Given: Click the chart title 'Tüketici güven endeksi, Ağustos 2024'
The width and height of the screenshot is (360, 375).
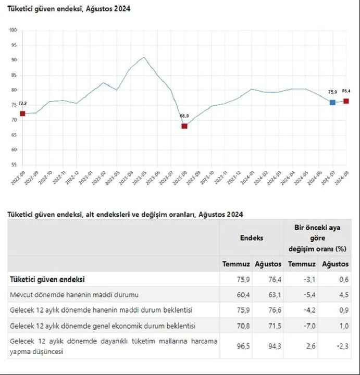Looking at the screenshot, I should tap(69, 9).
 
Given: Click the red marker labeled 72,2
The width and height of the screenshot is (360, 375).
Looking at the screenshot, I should tap(22, 114).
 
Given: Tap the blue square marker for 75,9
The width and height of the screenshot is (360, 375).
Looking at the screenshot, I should tap(332, 103).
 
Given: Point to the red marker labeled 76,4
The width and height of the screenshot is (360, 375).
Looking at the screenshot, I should tap(346, 101).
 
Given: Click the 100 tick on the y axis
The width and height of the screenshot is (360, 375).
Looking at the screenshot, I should tap(13, 30).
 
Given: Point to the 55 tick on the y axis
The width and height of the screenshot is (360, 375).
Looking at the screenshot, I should tap(14, 165).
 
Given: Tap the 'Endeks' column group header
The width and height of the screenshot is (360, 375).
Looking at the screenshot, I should tap(252, 238).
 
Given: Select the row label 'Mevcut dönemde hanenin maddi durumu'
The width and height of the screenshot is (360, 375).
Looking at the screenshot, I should tap(74, 295).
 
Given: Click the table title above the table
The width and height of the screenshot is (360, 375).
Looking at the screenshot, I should tap(125, 214).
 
